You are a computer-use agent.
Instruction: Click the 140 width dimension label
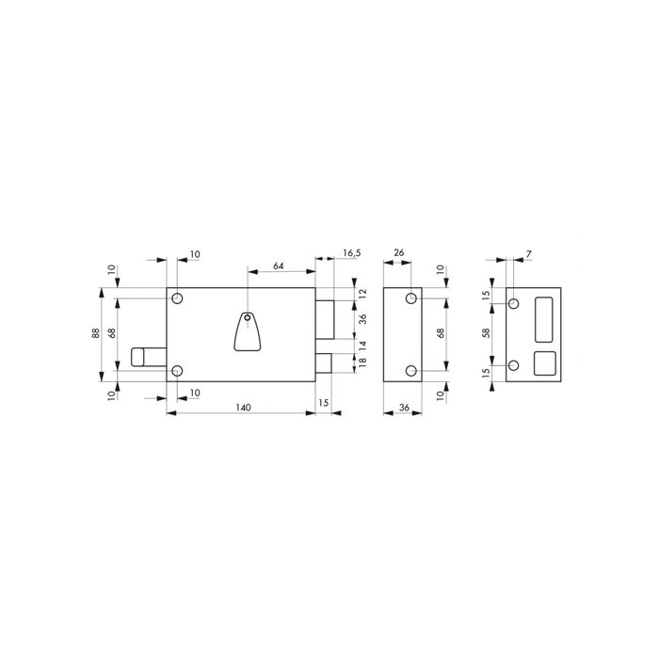[243, 408]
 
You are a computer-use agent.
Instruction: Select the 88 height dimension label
[96, 333]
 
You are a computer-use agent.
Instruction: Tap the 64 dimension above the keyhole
[279, 265]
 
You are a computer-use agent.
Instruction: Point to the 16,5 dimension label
[352, 253]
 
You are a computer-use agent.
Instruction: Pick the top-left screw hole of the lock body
[177, 298]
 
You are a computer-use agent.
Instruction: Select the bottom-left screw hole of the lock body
[177, 371]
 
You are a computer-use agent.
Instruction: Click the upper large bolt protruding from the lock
[325, 319]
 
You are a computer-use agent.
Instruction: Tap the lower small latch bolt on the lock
[324, 362]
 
